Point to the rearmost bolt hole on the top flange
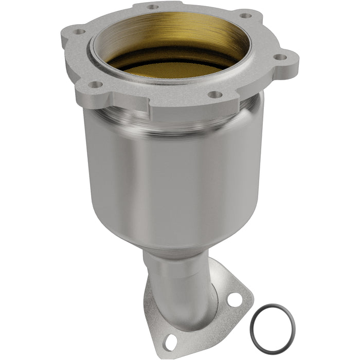[x=152, y=7]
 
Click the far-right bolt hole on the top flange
[x=280, y=58]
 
